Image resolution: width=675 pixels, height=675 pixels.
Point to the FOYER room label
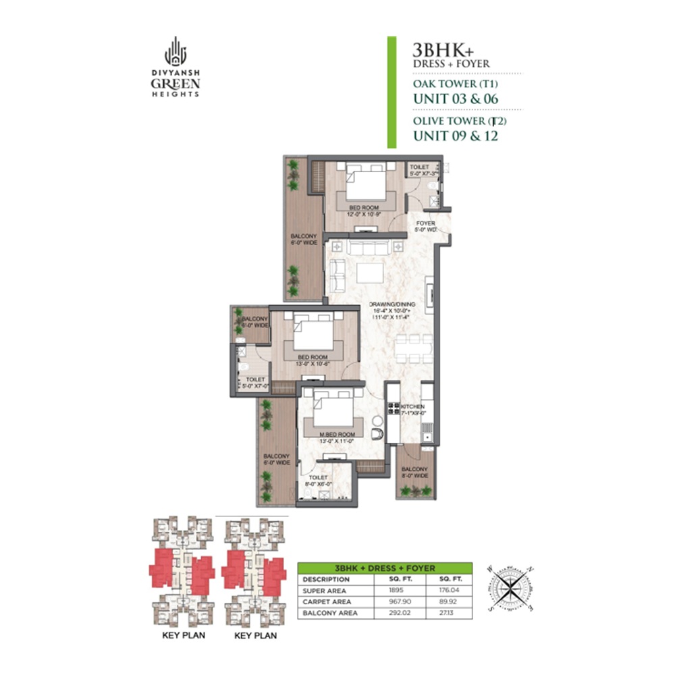click(x=425, y=226)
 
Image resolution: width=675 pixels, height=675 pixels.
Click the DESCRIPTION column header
click(x=326, y=579)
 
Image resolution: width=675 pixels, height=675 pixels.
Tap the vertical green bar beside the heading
click(x=391, y=92)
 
